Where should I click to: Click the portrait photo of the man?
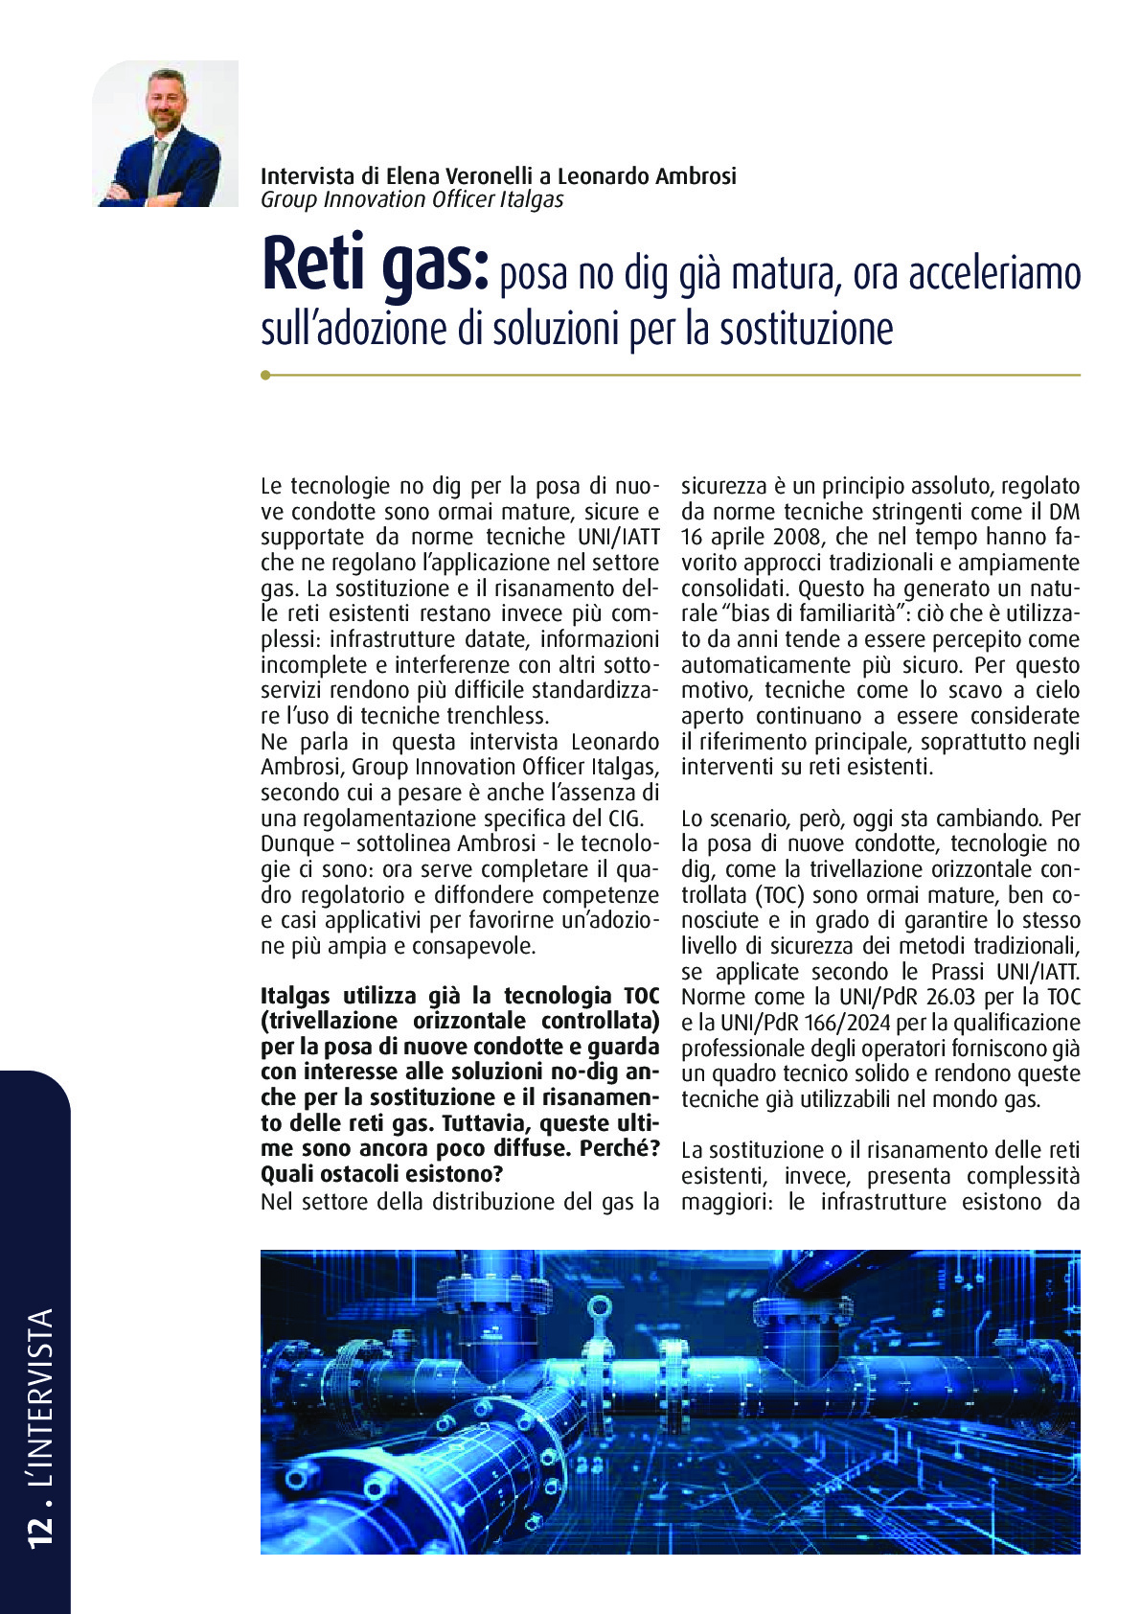click(165, 133)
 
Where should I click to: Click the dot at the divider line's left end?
click(265, 376)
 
